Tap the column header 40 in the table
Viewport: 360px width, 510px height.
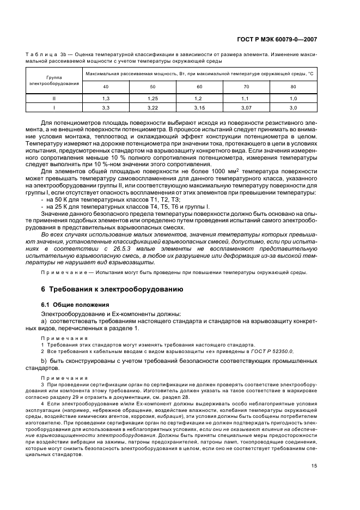tap(106, 87)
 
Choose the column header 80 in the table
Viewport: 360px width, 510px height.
tap(294, 87)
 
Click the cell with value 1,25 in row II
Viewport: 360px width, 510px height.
tap(152, 98)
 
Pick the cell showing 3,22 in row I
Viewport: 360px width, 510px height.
tap(152, 108)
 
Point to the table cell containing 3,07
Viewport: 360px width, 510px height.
tap(247, 108)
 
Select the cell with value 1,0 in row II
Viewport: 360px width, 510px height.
tap(294, 98)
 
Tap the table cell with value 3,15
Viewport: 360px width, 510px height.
tap(199, 108)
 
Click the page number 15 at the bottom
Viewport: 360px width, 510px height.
tap(314, 465)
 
